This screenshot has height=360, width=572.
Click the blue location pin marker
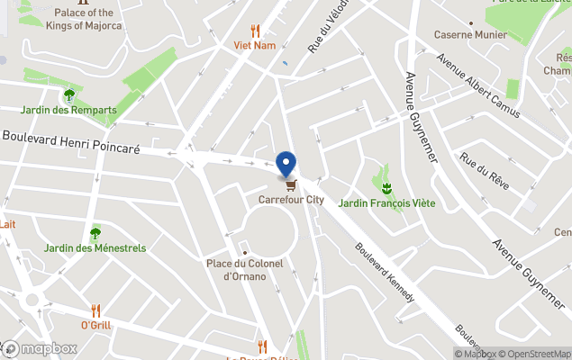pos(286,164)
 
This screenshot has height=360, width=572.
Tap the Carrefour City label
pos(291,200)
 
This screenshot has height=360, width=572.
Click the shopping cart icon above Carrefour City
pos(290,186)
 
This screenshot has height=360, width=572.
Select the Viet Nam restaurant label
pos(254,44)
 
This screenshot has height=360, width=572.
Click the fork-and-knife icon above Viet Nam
pos(255,30)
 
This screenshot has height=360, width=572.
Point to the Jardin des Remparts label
pos(80,110)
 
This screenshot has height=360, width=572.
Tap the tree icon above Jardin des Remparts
pos(69,94)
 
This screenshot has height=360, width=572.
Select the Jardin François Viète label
pos(386,203)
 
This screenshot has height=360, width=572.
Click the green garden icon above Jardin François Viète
pos(386,188)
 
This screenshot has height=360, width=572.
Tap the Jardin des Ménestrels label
pos(95,247)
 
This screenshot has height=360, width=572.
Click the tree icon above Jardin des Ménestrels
pos(95,233)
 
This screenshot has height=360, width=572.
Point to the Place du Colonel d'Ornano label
pos(244,269)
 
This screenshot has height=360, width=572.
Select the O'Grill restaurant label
pos(95,325)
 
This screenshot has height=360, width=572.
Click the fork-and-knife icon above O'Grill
pos(96,310)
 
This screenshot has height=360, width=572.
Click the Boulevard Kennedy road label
pos(385,273)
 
